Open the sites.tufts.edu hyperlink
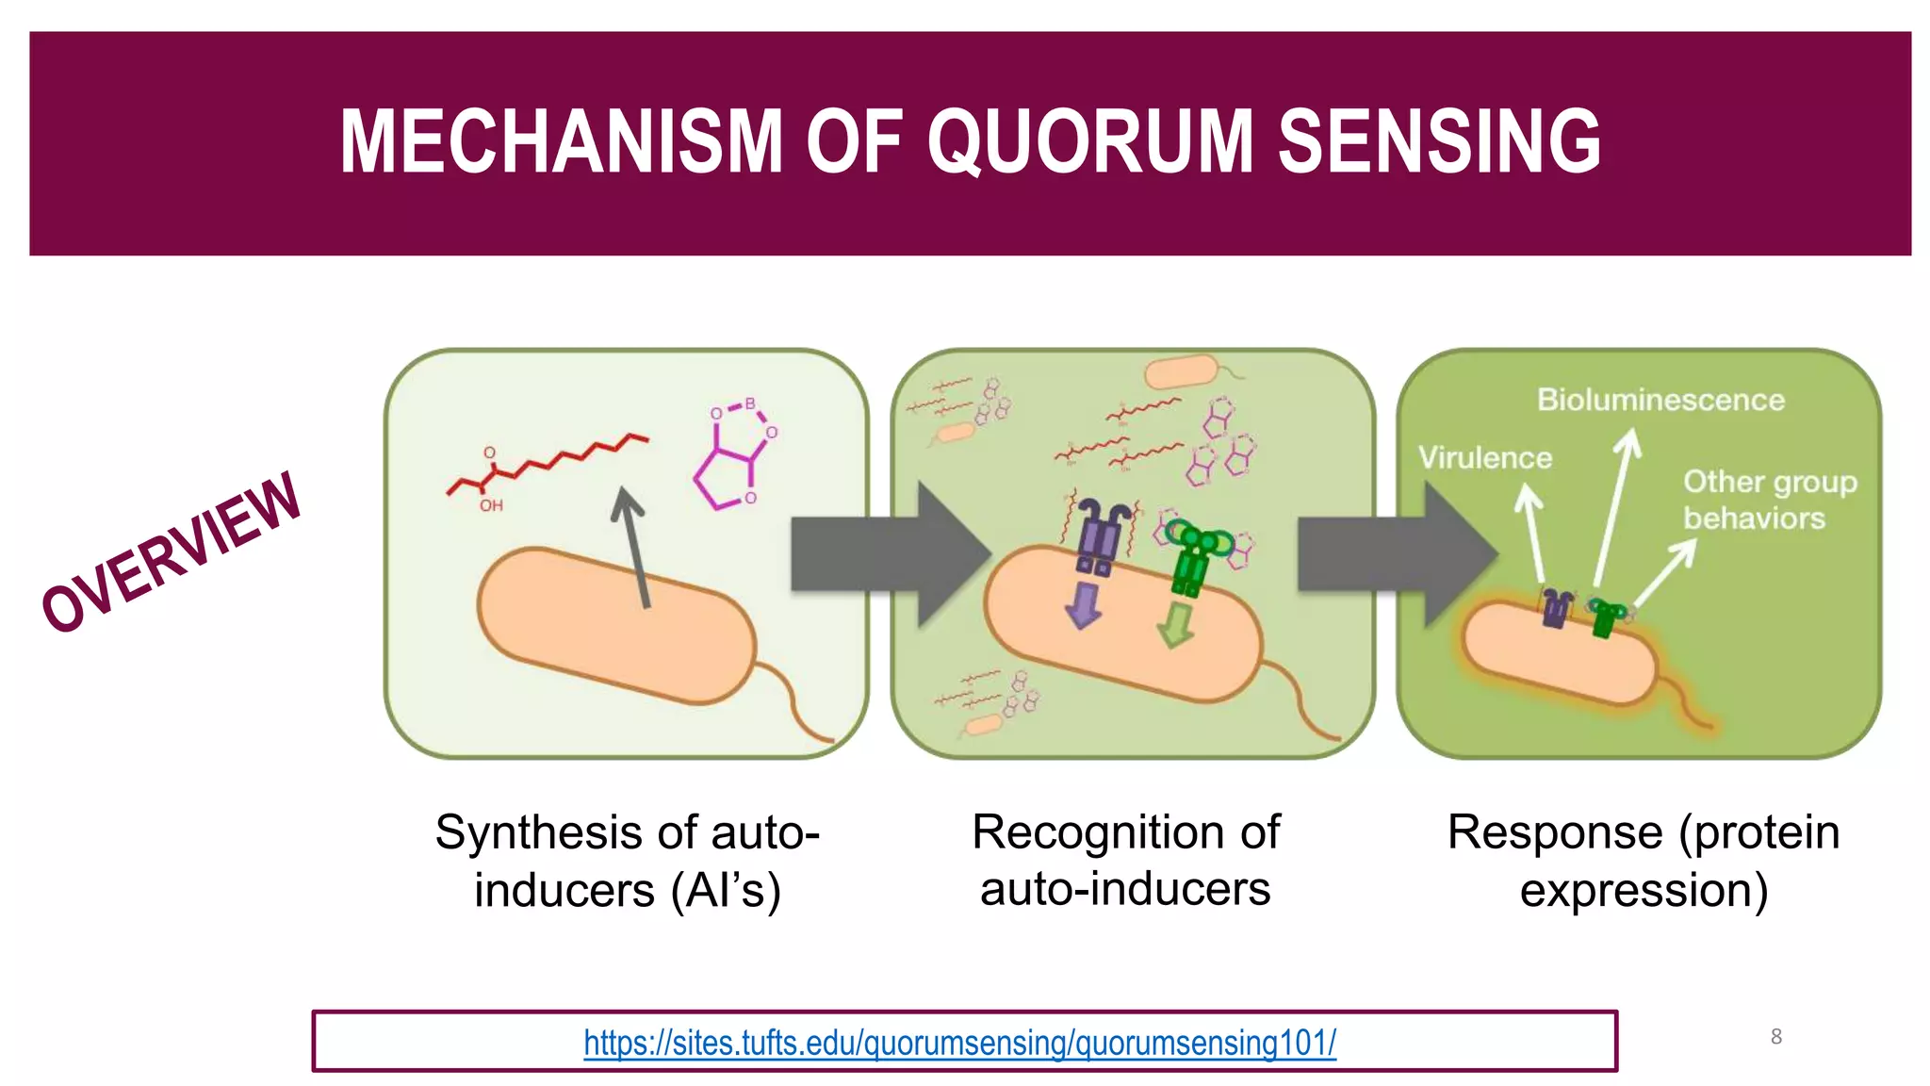pos(959,1043)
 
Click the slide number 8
pos(1775,1036)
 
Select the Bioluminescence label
pos(1660,400)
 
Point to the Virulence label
pos(1485,458)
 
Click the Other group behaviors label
pos(1768,500)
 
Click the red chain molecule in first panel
pos(547,466)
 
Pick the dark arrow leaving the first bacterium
pos(633,547)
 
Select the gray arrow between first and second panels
pos(886,554)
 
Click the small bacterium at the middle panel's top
pos(1182,371)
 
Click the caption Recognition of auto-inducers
pos(1125,860)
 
